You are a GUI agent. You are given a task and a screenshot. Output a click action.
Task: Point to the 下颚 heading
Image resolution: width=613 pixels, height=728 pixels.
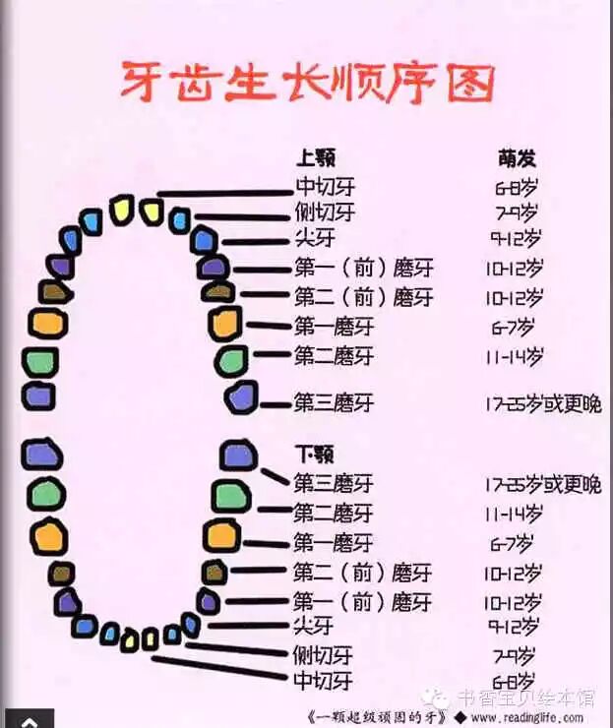(x=315, y=455)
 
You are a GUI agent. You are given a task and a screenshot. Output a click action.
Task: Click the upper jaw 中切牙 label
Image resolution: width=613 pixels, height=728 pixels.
(x=325, y=187)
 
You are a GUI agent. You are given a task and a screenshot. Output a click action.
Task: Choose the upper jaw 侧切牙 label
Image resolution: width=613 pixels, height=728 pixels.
(x=325, y=212)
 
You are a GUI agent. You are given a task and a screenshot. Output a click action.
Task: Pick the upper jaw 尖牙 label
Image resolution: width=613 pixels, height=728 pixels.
(x=315, y=237)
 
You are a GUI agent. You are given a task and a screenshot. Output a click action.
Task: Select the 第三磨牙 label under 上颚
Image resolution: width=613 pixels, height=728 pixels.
(x=334, y=402)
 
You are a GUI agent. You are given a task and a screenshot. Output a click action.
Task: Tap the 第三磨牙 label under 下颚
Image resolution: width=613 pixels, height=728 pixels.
(x=334, y=483)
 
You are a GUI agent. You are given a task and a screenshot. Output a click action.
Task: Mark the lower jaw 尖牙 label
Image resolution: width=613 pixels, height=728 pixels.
(x=313, y=626)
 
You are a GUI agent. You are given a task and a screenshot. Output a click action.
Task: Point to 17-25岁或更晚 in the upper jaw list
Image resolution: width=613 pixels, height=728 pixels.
(x=542, y=402)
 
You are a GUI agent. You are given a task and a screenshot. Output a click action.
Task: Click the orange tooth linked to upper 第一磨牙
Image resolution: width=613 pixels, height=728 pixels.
(x=225, y=324)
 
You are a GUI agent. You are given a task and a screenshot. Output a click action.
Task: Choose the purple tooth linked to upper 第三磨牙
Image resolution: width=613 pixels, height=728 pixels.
(x=241, y=396)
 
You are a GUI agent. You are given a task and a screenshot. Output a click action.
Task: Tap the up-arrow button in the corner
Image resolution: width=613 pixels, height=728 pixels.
(x=27, y=719)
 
